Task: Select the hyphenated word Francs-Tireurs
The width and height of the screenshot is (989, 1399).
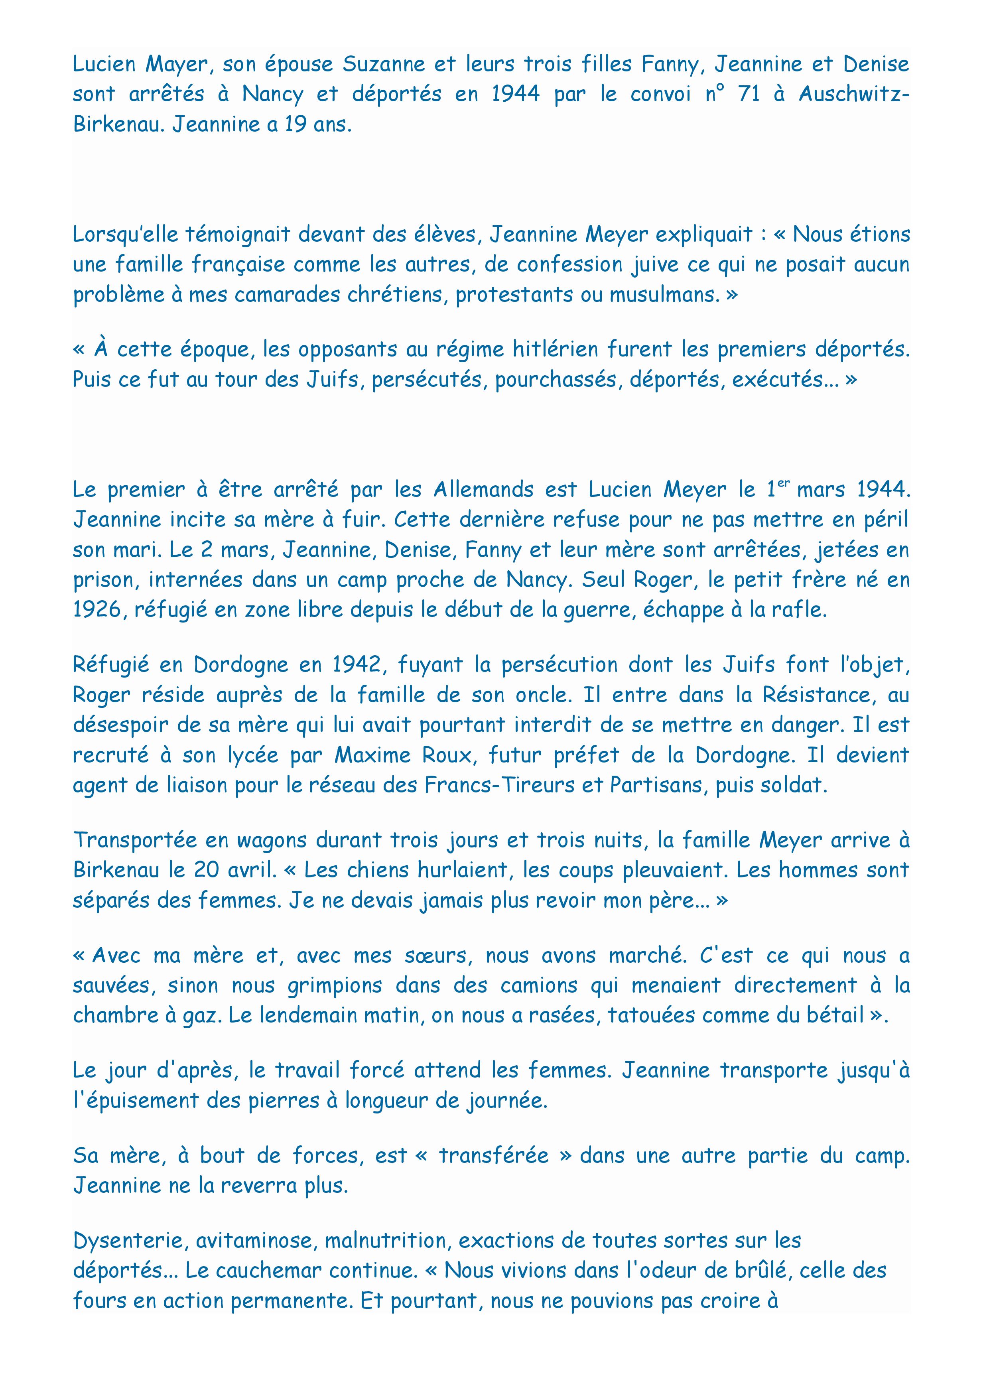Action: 500,785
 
